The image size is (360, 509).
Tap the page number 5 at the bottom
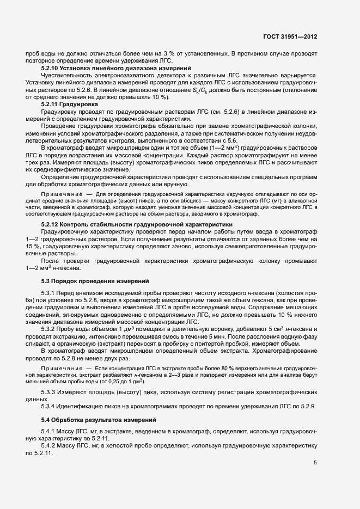coord(315,463)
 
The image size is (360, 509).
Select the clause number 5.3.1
coord(49,295)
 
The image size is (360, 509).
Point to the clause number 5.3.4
coord(49,407)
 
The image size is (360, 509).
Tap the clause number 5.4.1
coord(49,432)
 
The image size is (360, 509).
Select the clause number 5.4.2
coord(49,446)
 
